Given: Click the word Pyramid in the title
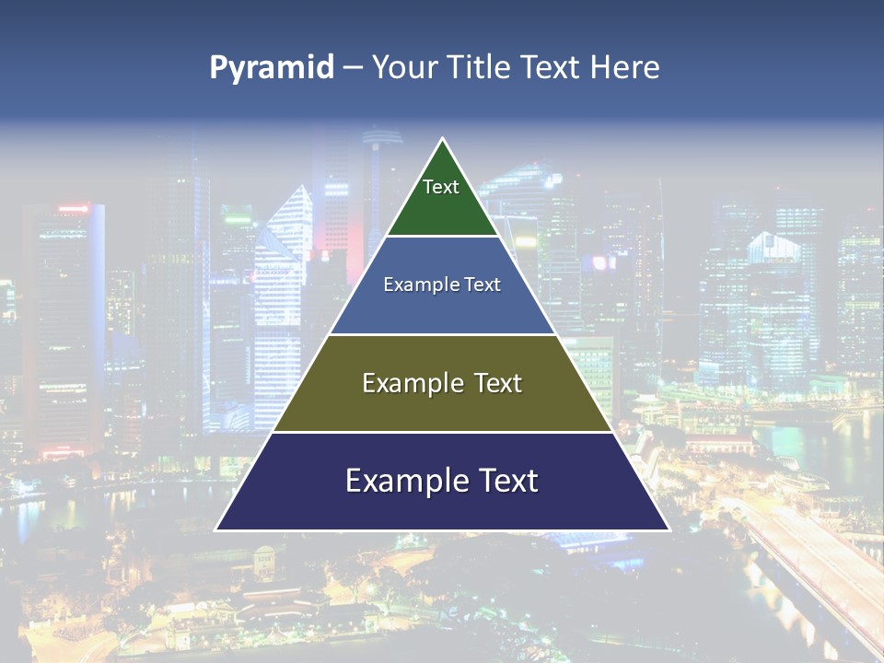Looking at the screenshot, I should point(272,68).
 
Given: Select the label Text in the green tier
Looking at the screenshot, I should point(441,187).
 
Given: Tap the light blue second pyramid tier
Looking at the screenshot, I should point(442,308).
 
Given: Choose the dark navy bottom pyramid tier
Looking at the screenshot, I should point(442,506).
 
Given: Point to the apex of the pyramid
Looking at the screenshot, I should point(442,139).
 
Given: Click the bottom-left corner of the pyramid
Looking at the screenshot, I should point(216,529).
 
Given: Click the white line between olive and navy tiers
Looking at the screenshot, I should point(442,432).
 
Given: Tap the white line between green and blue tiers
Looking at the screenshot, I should point(442,237).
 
